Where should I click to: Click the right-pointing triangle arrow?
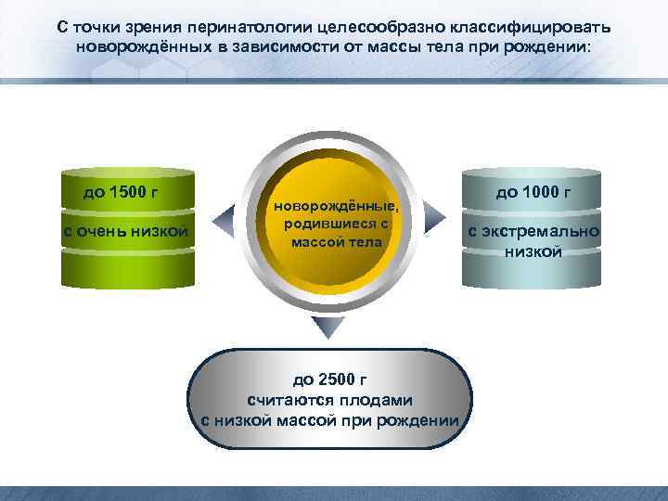pyautogui.click(x=444, y=220)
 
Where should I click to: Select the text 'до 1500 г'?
pyautogui.click(x=121, y=193)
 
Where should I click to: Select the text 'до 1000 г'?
pyautogui.click(x=533, y=193)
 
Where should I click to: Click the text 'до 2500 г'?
pyautogui.click(x=329, y=379)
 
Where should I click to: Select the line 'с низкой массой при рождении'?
pyautogui.click(x=329, y=419)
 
